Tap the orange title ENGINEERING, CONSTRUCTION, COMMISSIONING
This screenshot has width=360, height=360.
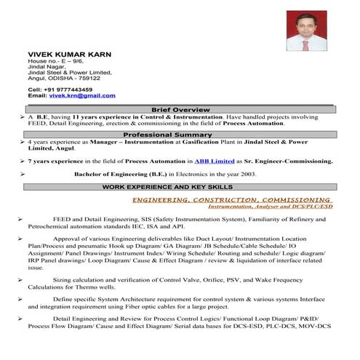[233, 199]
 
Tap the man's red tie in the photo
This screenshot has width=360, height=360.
[305, 44]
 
